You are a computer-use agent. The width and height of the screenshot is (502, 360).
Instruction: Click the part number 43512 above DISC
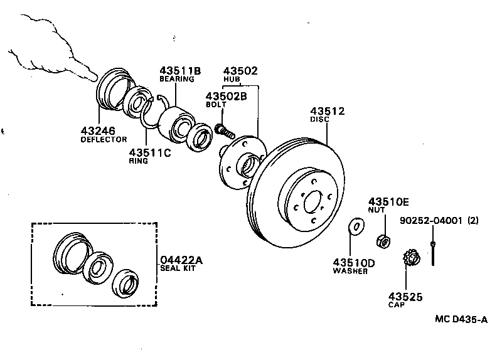(x=328, y=111)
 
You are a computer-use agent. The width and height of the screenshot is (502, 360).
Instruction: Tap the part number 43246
(x=97, y=130)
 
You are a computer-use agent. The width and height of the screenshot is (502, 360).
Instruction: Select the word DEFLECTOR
(x=104, y=139)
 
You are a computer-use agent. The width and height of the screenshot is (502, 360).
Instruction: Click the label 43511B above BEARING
(x=179, y=71)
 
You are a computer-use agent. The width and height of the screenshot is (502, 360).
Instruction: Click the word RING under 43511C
(x=139, y=161)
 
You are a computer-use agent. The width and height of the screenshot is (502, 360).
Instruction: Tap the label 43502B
(x=227, y=96)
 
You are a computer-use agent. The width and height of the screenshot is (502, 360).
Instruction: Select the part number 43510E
(x=388, y=201)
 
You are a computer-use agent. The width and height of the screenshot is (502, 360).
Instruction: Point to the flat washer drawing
(x=356, y=225)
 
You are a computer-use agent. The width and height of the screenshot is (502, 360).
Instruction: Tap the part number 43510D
(x=354, y=263)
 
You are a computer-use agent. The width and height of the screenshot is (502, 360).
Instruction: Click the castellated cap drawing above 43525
(x=410, y=258)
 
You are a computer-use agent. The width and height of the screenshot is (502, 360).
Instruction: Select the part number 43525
(x=405, y=296)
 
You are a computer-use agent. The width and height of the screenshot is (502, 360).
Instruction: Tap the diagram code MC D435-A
(x=461, y=319)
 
